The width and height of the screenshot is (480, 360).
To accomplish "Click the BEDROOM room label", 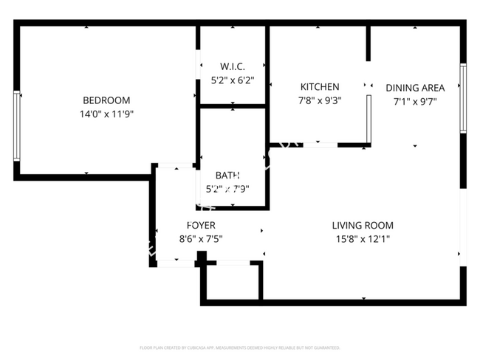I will (106, 100).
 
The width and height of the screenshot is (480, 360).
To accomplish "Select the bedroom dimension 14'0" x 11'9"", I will (106, 114).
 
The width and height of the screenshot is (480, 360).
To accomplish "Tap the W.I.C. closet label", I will (232, 66).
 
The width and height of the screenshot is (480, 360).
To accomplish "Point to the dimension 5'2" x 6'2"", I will (232, 80).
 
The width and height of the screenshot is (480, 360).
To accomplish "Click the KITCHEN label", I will (319, 87).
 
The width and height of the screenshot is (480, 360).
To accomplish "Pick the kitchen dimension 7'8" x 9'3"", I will (319, 101).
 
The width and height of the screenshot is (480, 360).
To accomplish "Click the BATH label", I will (227, 175).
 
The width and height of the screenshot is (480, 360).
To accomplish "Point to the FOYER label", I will (201, 225).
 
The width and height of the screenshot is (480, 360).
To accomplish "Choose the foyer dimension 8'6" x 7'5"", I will (201, 239).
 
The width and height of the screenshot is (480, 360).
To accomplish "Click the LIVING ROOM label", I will (362, 226).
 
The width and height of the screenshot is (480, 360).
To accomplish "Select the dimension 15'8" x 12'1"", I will (362, 239).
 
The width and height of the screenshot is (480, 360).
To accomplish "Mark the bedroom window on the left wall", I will (16, 125).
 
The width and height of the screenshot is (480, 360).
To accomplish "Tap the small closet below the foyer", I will (232, 282).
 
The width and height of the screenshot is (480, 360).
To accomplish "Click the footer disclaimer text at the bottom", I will (239, 347).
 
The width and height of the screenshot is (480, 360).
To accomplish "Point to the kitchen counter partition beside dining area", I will (368, 118).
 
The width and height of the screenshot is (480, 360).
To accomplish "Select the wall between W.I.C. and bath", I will (233, 107).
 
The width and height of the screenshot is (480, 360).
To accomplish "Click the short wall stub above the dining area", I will (368, 44).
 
